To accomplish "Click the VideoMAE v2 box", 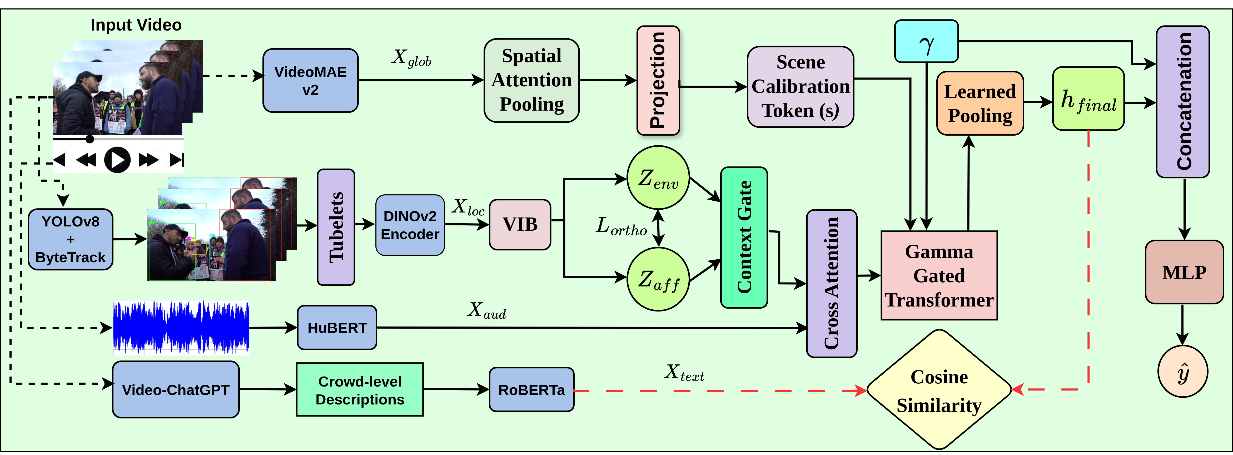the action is pos(310,81).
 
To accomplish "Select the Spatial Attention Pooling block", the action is pos(531,81).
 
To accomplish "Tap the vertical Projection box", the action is pos(658,81).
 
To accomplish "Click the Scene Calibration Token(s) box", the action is pos(800,87).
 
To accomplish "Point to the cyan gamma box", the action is pos(926,41).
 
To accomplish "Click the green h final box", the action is pos(1088,99).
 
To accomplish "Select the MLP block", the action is pos(1184,272).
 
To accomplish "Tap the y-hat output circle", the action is pos(1183,371).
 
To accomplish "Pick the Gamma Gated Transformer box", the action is pos(939,275).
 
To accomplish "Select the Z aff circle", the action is pos(658,279).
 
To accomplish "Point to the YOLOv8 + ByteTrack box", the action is pos(70,239).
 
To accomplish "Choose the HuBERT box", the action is pos(337,328).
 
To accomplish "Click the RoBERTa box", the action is pos(531,389).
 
